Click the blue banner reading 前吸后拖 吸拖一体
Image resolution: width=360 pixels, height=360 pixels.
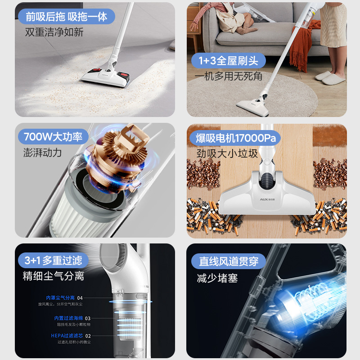point(67,17)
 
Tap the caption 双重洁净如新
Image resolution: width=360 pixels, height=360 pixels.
point(54,32)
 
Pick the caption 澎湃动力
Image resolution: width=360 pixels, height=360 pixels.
point(42,153)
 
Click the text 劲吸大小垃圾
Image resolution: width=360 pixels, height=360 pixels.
point(227,153)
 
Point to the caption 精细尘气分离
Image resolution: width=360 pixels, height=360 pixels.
point(53,276)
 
